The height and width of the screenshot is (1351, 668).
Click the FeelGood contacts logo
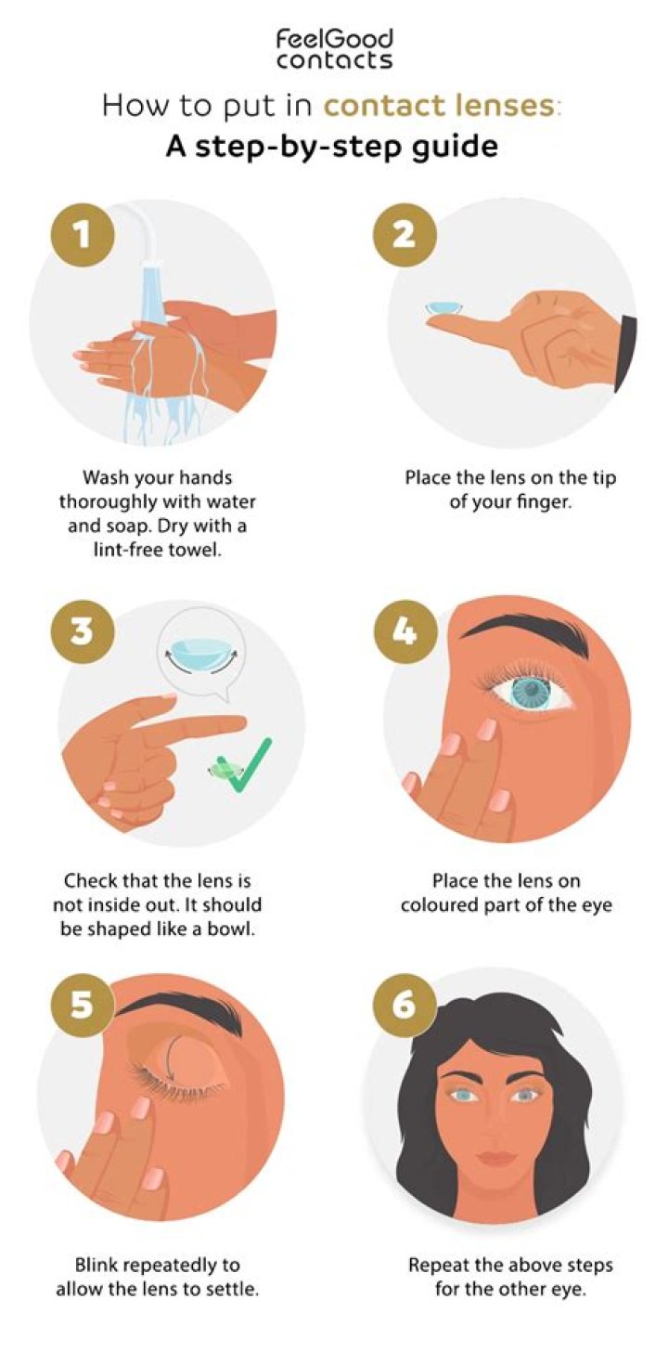[x=334, y=48]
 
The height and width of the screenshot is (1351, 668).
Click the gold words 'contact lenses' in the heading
[x=439, y=105]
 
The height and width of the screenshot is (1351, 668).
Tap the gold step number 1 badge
[x=84, y=234]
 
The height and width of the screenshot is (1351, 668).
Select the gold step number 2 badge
[x=403, y=234]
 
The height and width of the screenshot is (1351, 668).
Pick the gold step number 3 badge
[x=84, y=631]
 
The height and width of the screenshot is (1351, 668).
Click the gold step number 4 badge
[x=403, y=631]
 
